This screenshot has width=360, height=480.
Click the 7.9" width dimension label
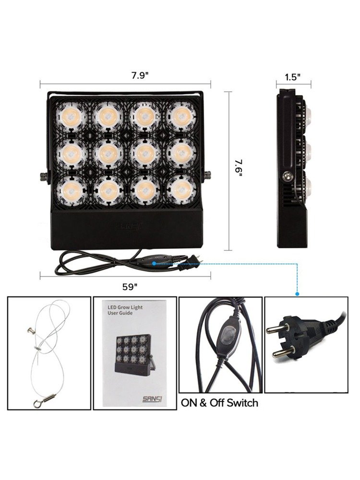pyautogui.click(x=140, y=75)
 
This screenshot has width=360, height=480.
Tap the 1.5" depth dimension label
pyautogui.click(x=293, y=77)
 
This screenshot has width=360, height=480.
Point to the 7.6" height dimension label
pyautogui.click(x=239, y=168)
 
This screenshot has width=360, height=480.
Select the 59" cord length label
pyautogui.click(x=130, y=287)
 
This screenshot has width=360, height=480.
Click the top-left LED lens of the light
pyautogui.click(x=71, y=117)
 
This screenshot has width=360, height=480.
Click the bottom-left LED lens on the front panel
pyautogui.click(x=71, y=190)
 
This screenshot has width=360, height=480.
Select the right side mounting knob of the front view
pyautogui.click(x=207, y=176)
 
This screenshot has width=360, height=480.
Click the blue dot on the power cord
pyautogui.click(x=154, y=263)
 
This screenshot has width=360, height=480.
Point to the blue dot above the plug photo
pyautogui.click(x=297, y=294)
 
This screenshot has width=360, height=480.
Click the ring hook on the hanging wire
pyautogui.click(x=37, y=404)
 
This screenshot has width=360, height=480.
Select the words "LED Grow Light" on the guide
pyautogui.click(x=125, y=307)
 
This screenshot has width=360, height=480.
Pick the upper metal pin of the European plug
pyautogui.click(x=276, y=329)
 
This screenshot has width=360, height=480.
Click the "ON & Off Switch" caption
pyautogui.click(x=219, y=403)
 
